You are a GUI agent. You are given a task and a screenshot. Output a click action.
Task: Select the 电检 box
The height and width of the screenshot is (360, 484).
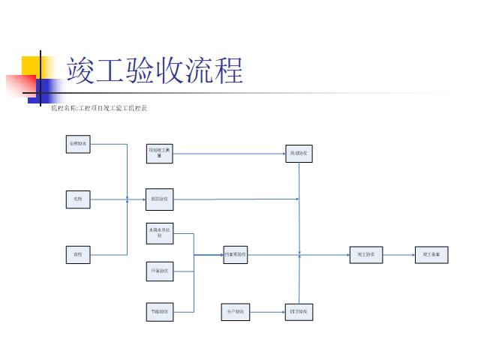pos(78,199)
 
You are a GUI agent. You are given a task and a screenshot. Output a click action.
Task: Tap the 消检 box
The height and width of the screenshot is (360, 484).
pos(78,255)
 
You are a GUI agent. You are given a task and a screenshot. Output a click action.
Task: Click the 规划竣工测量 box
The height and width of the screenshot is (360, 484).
pos(159,153)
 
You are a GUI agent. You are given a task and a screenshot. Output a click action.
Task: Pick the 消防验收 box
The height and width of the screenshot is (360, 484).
pos(159,199)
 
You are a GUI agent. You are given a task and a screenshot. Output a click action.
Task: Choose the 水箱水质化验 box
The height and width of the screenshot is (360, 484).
pos(159,233)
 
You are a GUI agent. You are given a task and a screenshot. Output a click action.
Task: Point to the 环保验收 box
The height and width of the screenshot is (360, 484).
pos(159,270)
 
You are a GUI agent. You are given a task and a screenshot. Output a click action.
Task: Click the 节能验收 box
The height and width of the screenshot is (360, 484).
pos(159,310)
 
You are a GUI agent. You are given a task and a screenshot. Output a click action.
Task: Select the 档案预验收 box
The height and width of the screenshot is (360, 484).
pos(236,255)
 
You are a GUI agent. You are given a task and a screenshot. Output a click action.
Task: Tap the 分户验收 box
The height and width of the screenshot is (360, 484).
pos(236,310)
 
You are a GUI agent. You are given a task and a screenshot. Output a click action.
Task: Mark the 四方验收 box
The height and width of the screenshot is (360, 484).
pos(299,310)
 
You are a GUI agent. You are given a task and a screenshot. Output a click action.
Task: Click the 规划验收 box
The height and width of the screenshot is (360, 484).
pos(299,153)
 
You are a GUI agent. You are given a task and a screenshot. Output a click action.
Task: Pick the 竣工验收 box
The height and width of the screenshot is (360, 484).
pos(366,255)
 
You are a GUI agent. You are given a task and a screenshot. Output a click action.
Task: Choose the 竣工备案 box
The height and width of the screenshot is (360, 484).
pos(431,255)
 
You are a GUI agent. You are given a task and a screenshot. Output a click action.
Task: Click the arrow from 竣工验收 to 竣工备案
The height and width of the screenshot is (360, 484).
pos(398,255)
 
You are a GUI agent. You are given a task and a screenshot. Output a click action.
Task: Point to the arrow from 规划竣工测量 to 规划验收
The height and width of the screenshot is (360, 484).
pos(229,153)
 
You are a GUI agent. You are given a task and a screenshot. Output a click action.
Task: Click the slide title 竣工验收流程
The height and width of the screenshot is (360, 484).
pos(155,71)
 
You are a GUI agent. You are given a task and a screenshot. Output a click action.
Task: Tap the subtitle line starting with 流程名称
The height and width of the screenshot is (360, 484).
pos(98,109)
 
